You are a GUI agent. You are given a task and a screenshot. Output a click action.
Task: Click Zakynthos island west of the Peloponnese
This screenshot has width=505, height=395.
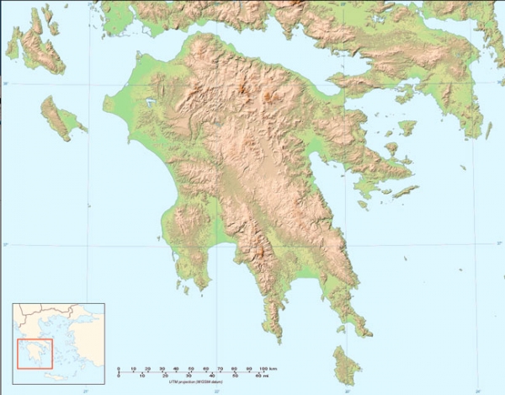click(61, 117)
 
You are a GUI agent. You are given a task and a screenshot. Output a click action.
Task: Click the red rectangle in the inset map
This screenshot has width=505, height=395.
click(35, 353)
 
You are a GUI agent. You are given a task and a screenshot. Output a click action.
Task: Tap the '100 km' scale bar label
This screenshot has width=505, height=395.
click(269, 369)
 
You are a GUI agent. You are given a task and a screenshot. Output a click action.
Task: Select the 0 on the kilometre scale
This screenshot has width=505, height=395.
click(119, 369)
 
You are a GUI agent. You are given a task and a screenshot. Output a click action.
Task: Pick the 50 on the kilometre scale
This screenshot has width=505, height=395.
click(190, 369)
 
